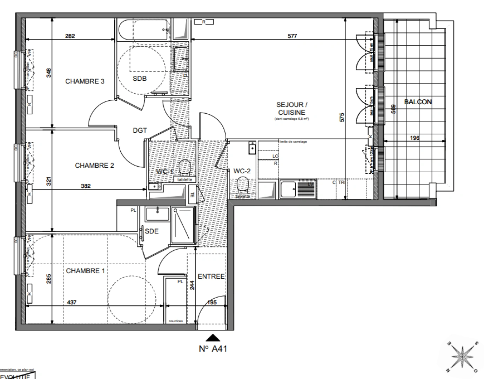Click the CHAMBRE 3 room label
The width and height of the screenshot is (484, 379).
[x=85, y=81]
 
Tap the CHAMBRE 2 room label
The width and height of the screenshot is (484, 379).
[x=94, y=165]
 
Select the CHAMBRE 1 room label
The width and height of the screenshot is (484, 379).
[x=85, y=271]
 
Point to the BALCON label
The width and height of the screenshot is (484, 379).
[x=418, y=102]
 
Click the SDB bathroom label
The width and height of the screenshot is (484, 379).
[x=140, y=79]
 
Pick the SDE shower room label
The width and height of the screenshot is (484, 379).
[x=152, y=231]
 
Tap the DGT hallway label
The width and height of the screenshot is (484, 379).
[x=140, y=130]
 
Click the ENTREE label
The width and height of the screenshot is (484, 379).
[x=211, y=277]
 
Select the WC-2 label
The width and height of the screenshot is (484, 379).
[x=242, y=171]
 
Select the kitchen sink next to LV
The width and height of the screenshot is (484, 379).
[x=288, y=189]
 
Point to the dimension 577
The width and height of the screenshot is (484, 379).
[x=292, y=36]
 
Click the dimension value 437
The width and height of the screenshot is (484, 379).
[x=71, y=302]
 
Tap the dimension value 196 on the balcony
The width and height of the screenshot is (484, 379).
[x=415, y=138]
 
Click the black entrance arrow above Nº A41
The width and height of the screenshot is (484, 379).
[x=212, y=338]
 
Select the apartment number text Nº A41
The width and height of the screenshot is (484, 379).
[x=213, y=349]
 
